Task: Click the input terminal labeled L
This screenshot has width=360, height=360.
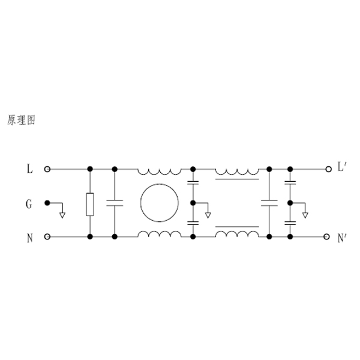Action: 47,169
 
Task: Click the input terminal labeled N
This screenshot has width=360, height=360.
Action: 47,237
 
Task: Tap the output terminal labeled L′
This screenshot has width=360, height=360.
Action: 329,169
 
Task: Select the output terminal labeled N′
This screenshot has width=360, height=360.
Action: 326,237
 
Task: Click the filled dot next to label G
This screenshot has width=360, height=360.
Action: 47,203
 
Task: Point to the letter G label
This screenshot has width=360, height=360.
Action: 29,204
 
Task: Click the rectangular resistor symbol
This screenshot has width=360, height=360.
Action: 90,205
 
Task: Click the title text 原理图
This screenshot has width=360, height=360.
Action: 22,120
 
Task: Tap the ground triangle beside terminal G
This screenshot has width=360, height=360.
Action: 62,215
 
